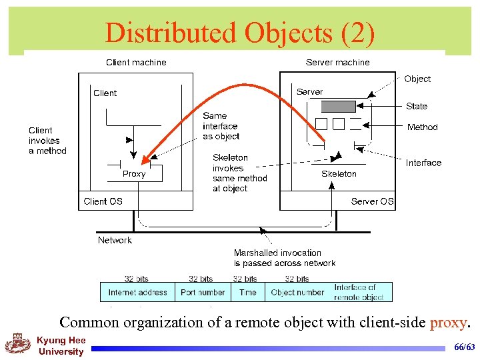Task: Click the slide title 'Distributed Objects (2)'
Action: [x=240, y=33]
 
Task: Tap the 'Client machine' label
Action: [x=136, y=63]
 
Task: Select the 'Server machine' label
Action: [x=337, y=63]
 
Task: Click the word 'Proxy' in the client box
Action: [x=134, y=174]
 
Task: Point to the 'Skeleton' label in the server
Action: [x=339, y=174]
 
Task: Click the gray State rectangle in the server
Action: [x=338, y=107]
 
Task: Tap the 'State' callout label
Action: [x=417, y=107]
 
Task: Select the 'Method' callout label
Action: [x=422, y=127]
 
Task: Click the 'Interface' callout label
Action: [x=423, y=163]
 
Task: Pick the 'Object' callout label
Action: [x=417, y=79]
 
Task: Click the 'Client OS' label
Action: [x=103, y=201]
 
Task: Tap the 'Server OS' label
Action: [x=372, y=201]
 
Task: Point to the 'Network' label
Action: [x=115, y=240]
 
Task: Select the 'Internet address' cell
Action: [x=137, y=292]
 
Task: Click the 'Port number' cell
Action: [x=203, y=292]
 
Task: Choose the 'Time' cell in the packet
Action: [x=247, y=292]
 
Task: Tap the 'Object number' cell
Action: [x=297, y=292]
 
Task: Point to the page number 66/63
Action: [x=464, y=347]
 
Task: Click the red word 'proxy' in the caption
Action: [x=449, y=323]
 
